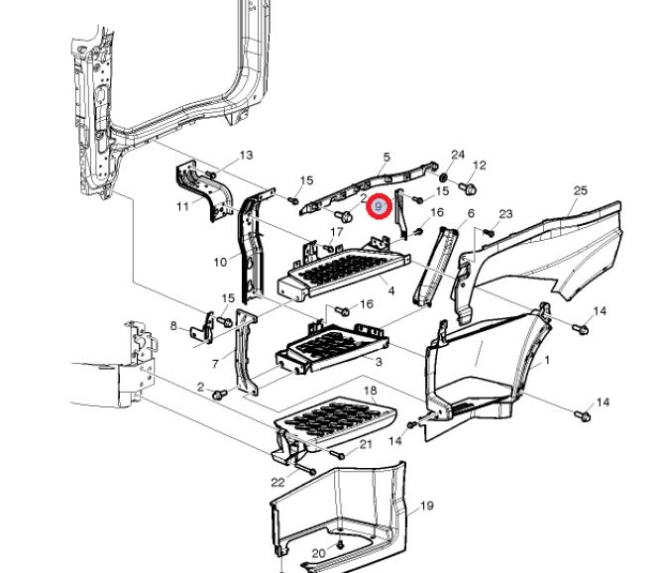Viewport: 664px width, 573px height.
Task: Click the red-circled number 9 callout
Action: [379, 206]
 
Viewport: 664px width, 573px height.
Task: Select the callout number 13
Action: [246, 156]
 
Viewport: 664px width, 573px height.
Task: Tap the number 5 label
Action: [387, 158]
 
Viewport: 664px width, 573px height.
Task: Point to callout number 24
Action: [458, 155]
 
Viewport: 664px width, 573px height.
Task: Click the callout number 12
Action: [481, 166]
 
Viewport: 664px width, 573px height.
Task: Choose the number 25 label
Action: [581, 190]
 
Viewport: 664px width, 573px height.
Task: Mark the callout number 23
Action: [505, 214]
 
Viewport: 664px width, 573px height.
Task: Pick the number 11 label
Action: [182, 207]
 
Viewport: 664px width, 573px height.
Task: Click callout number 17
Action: [337, 233]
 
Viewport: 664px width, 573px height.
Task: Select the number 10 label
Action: [220, 263]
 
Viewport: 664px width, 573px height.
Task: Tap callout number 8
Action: [173, 326]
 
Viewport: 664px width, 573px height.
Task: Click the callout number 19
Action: [427, 507]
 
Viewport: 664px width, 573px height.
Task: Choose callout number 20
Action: [318, 553]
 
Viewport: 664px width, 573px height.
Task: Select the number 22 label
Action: [278, 483]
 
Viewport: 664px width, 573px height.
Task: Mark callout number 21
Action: [366, 444]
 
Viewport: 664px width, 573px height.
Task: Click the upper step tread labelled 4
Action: [342, 268]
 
